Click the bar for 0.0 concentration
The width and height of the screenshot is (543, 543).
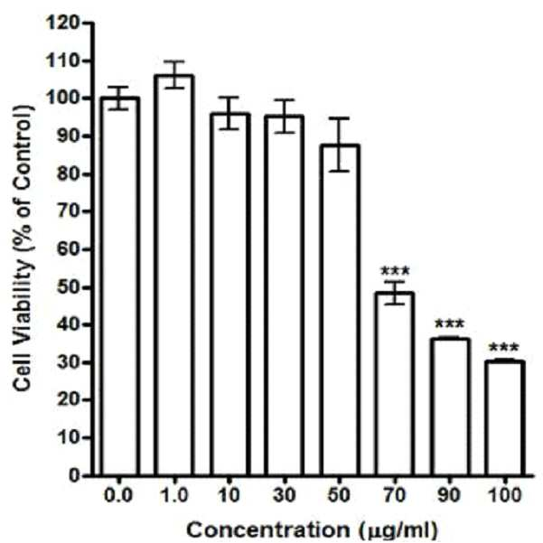click(120, 286)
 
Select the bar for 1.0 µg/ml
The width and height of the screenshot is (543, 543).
click(174, 276)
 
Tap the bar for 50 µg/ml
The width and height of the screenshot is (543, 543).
click(340, 310)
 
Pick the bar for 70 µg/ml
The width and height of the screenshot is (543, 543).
click(395, 384)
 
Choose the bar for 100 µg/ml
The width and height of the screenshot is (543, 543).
click(505, 418)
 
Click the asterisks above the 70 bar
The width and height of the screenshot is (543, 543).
click(395, 271)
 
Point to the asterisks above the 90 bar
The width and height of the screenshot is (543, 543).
click(450, 324)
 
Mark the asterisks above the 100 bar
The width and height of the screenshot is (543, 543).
click(504, 347)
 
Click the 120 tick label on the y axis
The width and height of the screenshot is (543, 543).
click(62, 23)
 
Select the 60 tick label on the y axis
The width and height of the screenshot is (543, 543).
click(68, 249)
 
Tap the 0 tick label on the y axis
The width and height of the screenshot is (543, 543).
click(74, 476)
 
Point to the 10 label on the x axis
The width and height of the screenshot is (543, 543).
click(229, 495)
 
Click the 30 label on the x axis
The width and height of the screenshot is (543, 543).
click(284, 495)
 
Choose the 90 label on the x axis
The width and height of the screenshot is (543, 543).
click(449, 495)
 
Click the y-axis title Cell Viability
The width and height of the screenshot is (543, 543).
click(23, 248)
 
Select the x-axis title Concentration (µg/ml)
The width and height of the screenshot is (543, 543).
click(313, 529)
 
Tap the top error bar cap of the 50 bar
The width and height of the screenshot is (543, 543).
click(340, 118)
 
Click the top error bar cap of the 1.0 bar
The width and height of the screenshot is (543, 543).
click(174, 61)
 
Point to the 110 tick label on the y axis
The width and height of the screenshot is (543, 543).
click(62, 61)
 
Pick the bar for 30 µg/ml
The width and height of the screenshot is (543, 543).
click(285, 295)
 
